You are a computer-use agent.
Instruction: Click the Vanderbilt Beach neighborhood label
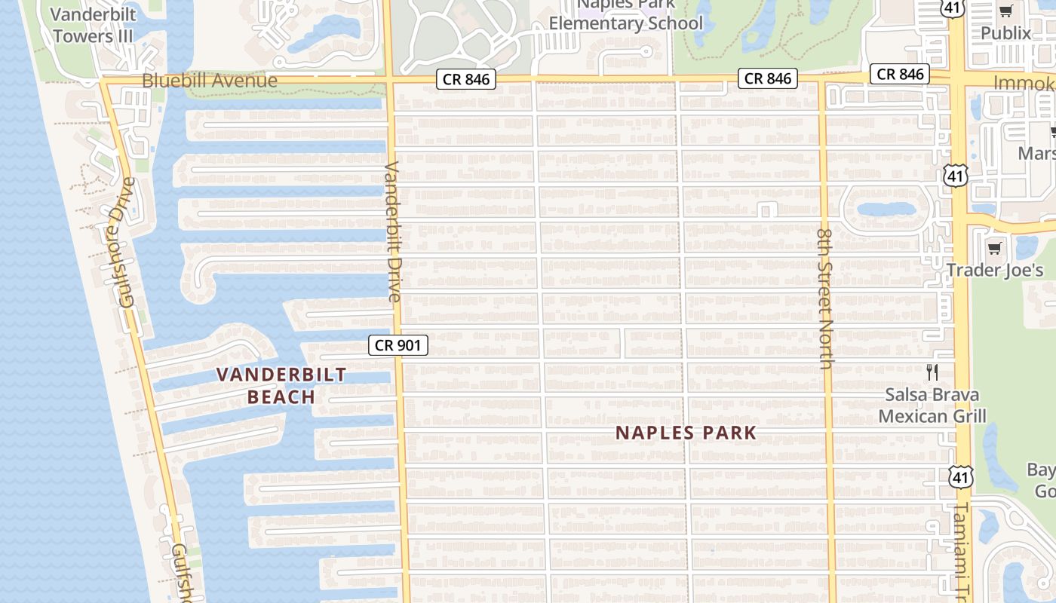pyautogui.click(x=281, y=385)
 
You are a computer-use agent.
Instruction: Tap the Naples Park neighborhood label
pyautogui.click(x=686, y=433)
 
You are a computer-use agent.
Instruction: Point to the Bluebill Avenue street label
pyautogui.click(x=210, y=81)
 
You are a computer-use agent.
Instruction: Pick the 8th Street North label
pyautogui.click(x=824, y=299)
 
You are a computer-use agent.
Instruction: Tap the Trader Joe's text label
pyautogui.click(x=995, y=270)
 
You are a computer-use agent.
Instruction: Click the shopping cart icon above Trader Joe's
pyautogui.click(x=995, y=248)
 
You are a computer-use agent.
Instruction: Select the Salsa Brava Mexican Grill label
pyautogui.click(x=932, y=406)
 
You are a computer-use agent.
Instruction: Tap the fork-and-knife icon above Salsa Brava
pyautogui.click(x=932, y=372)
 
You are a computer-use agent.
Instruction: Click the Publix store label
pyautogui.click(x=1005, y=33)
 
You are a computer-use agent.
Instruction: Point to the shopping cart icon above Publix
pyautogui.click(x=1005, y=11)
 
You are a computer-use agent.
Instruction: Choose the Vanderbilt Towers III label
pyautogui.click(x=93, y=25)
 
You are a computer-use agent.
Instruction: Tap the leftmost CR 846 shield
pyautogui.click(x=466, y=79)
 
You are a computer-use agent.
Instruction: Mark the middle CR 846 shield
pyautogui.click(x=768, y=78)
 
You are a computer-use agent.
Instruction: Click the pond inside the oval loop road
pyautogui.click(x=886, y=209)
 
